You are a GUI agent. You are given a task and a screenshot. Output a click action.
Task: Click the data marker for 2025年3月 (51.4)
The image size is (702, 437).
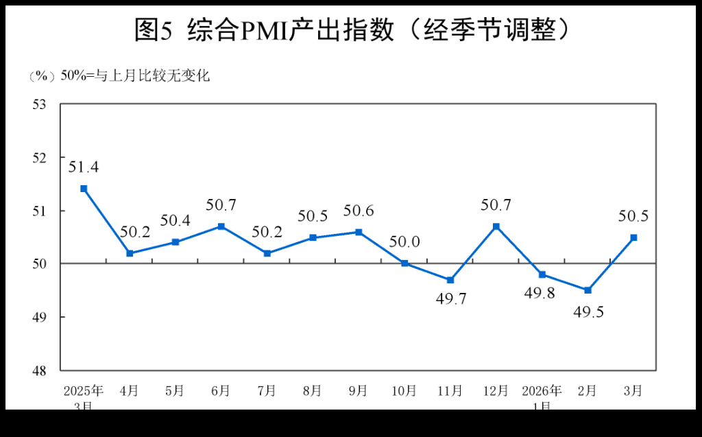84,188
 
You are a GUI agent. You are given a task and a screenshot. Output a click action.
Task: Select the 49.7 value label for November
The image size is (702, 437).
450,299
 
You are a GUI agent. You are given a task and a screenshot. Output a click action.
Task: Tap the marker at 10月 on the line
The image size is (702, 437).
404,263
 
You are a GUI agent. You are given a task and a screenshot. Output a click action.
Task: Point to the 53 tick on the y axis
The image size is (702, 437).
38,104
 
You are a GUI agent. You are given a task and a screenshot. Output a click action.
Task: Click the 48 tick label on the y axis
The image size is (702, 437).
38,370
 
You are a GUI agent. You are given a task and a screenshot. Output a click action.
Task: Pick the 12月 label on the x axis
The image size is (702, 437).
496,391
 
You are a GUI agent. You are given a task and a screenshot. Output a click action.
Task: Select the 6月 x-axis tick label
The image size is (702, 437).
221,391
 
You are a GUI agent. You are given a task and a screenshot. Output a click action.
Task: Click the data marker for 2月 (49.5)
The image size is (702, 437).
588,290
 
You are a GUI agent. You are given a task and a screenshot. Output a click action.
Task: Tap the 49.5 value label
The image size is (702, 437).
588,313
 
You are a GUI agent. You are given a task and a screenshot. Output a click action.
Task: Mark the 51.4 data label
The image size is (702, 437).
84,167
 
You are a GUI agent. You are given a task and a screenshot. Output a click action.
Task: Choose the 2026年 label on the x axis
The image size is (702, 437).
542,391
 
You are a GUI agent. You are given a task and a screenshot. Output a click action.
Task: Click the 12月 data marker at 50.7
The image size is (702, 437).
496,226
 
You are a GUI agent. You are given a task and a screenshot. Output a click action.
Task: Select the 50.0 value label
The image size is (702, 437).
404,241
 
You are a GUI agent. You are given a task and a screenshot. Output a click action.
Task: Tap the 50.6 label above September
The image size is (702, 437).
359,211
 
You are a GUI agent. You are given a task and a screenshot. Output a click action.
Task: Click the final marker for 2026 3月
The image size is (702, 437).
633,237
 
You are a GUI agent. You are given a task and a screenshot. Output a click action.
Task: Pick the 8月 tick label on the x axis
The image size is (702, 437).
313,391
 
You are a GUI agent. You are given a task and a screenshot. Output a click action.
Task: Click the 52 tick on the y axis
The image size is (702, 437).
38,157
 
